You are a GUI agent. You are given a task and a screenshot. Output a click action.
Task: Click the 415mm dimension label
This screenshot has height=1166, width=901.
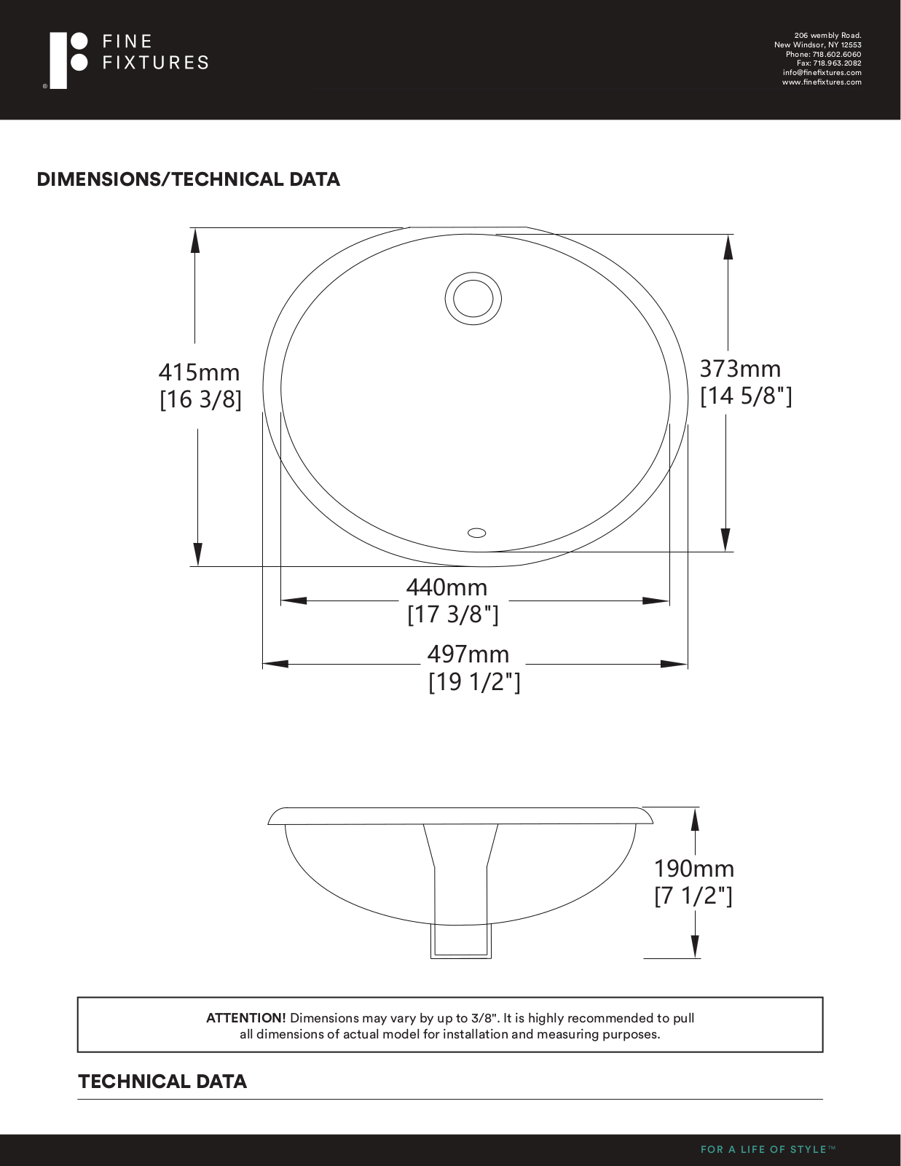pyautogui.click(x=199, y=372)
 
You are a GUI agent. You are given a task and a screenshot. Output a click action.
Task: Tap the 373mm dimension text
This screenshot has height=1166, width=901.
pyautogui.click(x=740, y=369)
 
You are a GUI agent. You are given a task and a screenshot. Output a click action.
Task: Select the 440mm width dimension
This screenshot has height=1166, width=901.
pyautogui.click(x=446, y=587)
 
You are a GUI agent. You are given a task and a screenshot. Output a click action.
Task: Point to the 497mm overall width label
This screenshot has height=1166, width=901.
pyautogui.click(x=468, y=654)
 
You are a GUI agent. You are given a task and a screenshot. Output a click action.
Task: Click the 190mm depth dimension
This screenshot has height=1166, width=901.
pyautogui.click(x=694, y=868)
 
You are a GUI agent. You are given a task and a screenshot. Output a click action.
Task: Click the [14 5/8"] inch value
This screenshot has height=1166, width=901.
pyautogui.click(x=746, y=396)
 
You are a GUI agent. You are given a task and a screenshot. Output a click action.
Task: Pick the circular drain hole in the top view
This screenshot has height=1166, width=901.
pyautogui.click(x=473, y=298)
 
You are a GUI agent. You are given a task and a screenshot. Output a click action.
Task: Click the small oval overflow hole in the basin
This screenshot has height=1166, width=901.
pyautogui.click(x=477, y=533)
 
